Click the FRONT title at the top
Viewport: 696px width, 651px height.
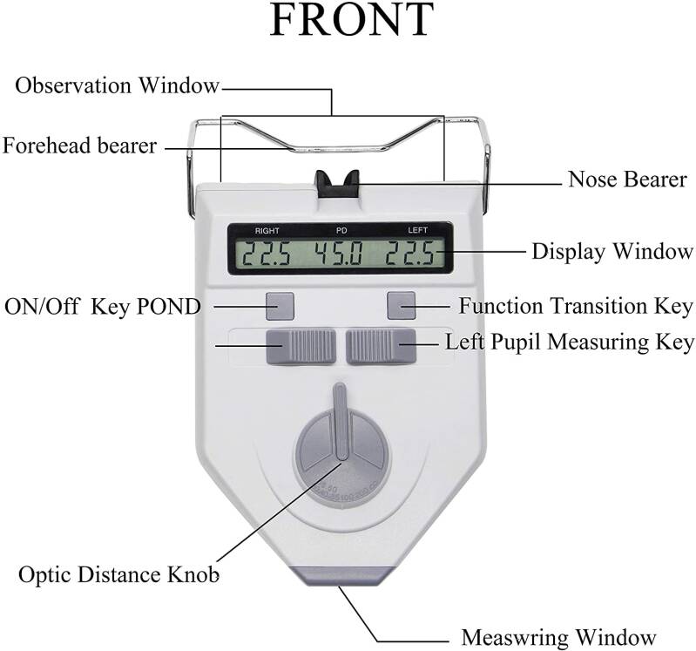[351, 21]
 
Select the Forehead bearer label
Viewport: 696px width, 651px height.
[80, 146]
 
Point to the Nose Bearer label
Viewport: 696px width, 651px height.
[627, 180]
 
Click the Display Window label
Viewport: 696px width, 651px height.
[612, 253]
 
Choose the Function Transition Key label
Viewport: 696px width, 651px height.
[576, 307]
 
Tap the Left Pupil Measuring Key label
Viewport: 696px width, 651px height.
[570, 342]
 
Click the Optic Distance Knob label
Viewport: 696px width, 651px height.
[118, 575]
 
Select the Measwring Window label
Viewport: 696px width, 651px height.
[558, 637]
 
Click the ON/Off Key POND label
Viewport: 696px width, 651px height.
[103, 307]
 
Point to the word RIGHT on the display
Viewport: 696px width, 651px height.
[267, 231]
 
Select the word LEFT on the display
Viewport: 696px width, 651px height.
[419, 231]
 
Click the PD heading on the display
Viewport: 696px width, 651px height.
[341, 231]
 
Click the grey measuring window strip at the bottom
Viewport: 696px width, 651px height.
[340, 575]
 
